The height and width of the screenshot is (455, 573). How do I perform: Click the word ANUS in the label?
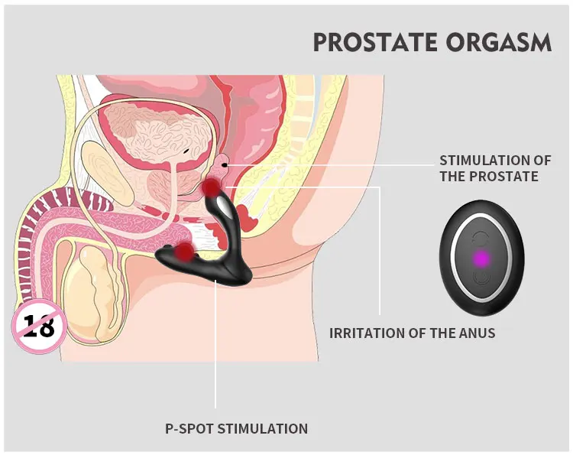point(478,333)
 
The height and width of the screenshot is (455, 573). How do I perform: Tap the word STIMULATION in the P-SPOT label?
point(262,428)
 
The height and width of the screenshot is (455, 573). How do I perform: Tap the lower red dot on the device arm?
point(184,252)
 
